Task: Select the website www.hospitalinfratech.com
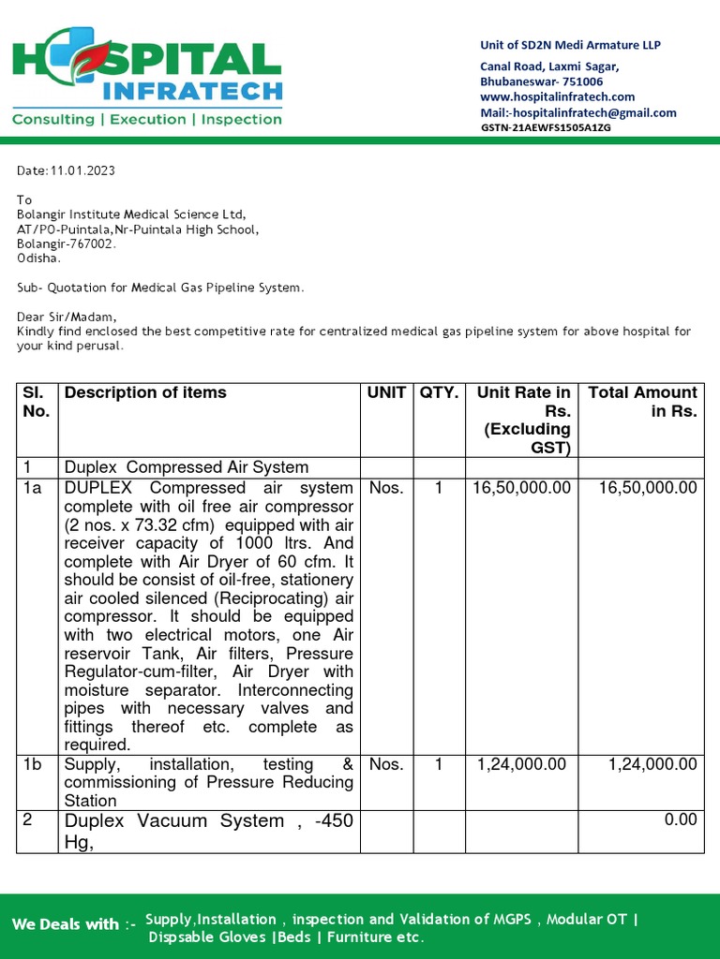pyautogui.click(x=557, y=96)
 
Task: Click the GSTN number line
pyautogui.click(x=546, y=127)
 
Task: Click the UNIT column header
pyautogui.click(x=387, y=392)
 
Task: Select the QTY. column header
pyautogui.click(x=439, y=392)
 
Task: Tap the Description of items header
pyautogui.click(x=145, y=392)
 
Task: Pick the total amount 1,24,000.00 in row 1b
pyautogui.click(x=652, y=764)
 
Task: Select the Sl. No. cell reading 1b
pyautogui.click(x=34, y=764)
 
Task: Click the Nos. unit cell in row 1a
pyautogui.click(x=386, y=487)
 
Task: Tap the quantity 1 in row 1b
pyautogui.click(x=438, y=764)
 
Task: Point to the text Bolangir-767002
pyautogui.click(x=67, y=243)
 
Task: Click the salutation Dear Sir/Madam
pyautogui.click(x=67, y=317)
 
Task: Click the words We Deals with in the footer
pyautogui.click(x=66, y=924)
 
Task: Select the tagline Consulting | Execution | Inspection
pyautogui.click(x=146, y=120)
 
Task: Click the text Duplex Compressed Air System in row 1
pyautogui.click(x=186, y=466)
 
